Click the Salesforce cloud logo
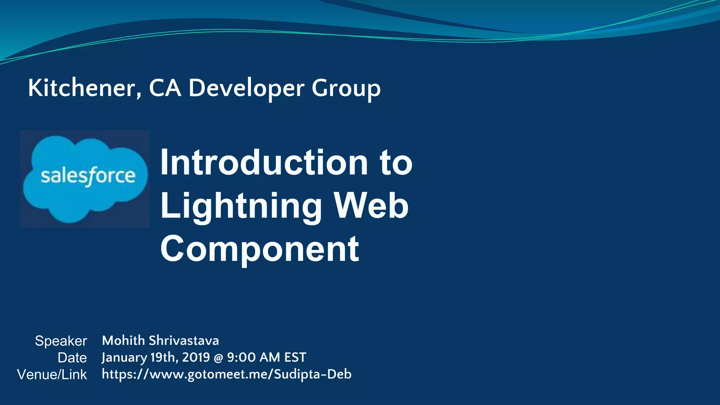click(85, 179)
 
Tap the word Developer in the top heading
click(246, 88)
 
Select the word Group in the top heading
click(346, 88)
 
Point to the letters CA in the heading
click(165, 88)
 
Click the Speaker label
click(61, 341)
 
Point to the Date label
click(72, 358)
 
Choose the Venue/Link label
click(52, 375)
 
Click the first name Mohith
click(123, 340)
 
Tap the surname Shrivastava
click(184, 340)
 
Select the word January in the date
click(124, 358)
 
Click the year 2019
click(196, 357)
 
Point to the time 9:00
click(241, 357)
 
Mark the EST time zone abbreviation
click(295, 357)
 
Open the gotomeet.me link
click(226, 374)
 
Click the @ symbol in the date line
click(218, 358)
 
